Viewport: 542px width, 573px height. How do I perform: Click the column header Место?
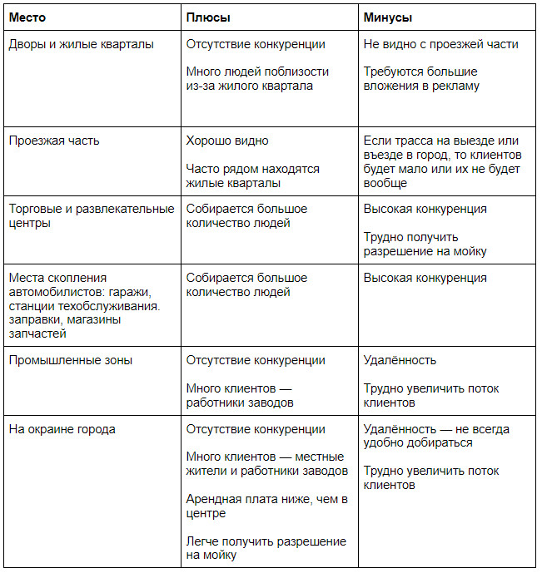(x=28, y=17)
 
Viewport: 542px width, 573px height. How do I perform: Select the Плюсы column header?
(x=208, y=17)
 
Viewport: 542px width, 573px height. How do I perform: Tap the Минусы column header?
(x=388, y=17)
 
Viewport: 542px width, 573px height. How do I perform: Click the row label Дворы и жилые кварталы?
(x=81, y=44)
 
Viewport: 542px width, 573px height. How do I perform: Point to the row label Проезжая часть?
(x=54, y=141)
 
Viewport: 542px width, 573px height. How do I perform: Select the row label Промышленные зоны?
(x=71, y=360)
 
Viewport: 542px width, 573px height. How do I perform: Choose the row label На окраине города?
(x=62, y=429)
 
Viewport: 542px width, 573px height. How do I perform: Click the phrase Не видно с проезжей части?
(x=440, y=44)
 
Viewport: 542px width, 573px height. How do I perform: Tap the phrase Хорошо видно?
(x=227, y=141)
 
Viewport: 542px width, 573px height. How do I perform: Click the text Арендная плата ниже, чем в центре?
(x=266, y=506)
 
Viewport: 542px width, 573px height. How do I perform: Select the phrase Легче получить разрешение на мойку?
(x=266, y=547)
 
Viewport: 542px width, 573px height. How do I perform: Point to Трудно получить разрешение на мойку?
(x=425, y=244)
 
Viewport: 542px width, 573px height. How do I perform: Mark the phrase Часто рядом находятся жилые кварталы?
(x=252, y=175)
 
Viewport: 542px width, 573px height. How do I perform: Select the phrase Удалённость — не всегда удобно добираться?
(x=436, y=436)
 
